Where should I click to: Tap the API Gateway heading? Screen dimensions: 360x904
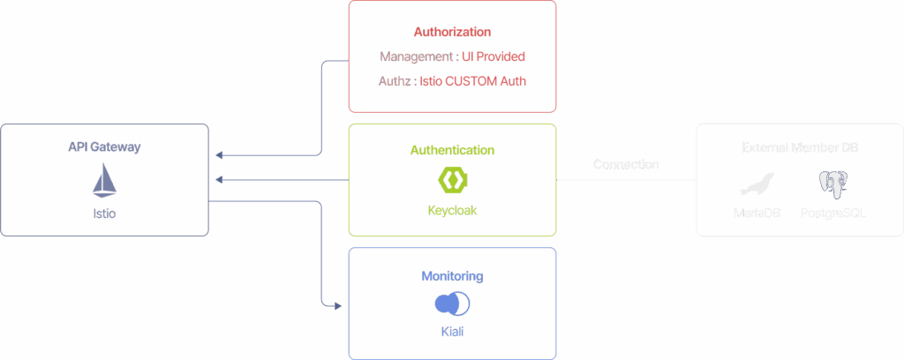104,147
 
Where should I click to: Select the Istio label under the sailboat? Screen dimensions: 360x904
104,214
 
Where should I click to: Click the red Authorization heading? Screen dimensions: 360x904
452,32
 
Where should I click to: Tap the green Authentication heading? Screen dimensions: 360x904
452,150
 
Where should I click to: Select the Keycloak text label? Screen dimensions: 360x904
452,212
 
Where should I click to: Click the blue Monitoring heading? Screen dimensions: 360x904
452,276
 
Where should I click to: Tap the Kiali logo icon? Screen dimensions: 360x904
452,304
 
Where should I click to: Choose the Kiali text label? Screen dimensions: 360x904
452,333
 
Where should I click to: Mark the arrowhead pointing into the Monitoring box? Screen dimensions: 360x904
337,305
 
